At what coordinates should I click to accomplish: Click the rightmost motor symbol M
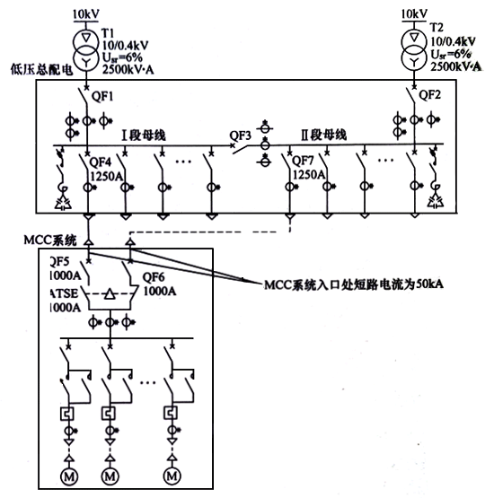170,475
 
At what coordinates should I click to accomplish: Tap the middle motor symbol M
109,475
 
